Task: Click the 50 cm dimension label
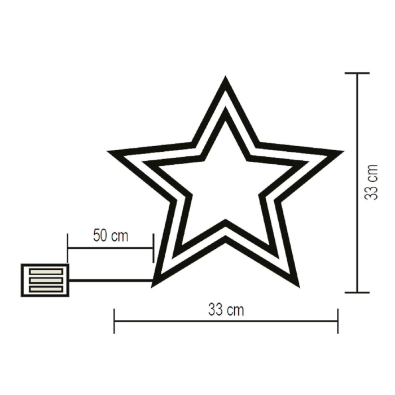click(x=111, y=235)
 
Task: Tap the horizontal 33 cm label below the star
click(x=226, y=309)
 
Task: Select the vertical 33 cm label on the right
click(x=371, y=182)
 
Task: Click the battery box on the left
click(x=45, y=280)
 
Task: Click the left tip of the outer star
click(x=111, y=152)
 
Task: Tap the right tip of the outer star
click(x=340, y=152)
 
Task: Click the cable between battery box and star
click(x=111, y=280)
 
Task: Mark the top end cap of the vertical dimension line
click(x=357, y=73)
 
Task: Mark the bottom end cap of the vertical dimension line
click(x=357, y=292)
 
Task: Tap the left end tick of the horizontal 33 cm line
click(x=115, y=321)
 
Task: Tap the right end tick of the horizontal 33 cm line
click(x=337, y=321)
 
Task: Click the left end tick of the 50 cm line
click(x=68, y=247)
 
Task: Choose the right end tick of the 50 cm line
click(x=153, y=247)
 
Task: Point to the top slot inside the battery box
click(x=45, y=271)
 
